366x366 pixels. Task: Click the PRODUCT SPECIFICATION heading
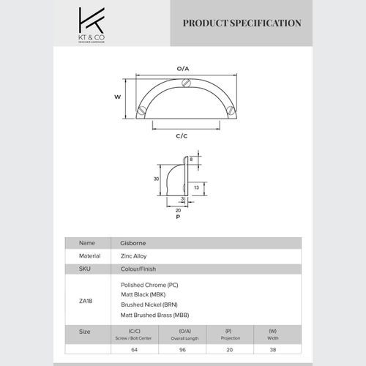pos(242,23)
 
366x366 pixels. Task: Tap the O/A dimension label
pos(183,68)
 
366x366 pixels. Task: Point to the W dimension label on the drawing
pos(117,96)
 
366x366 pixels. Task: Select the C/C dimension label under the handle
pos(182,136)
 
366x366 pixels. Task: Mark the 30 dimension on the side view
pos(156,178)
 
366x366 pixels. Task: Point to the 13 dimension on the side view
pos(206,187)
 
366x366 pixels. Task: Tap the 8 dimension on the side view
pos(192,158)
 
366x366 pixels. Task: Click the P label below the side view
pos(178,217)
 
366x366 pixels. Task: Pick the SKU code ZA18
pos(86,300)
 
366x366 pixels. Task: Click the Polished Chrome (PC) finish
pos(149,284)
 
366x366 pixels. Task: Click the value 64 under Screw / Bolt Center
pos(132,350)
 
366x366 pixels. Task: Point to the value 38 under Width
pos(272,350)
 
